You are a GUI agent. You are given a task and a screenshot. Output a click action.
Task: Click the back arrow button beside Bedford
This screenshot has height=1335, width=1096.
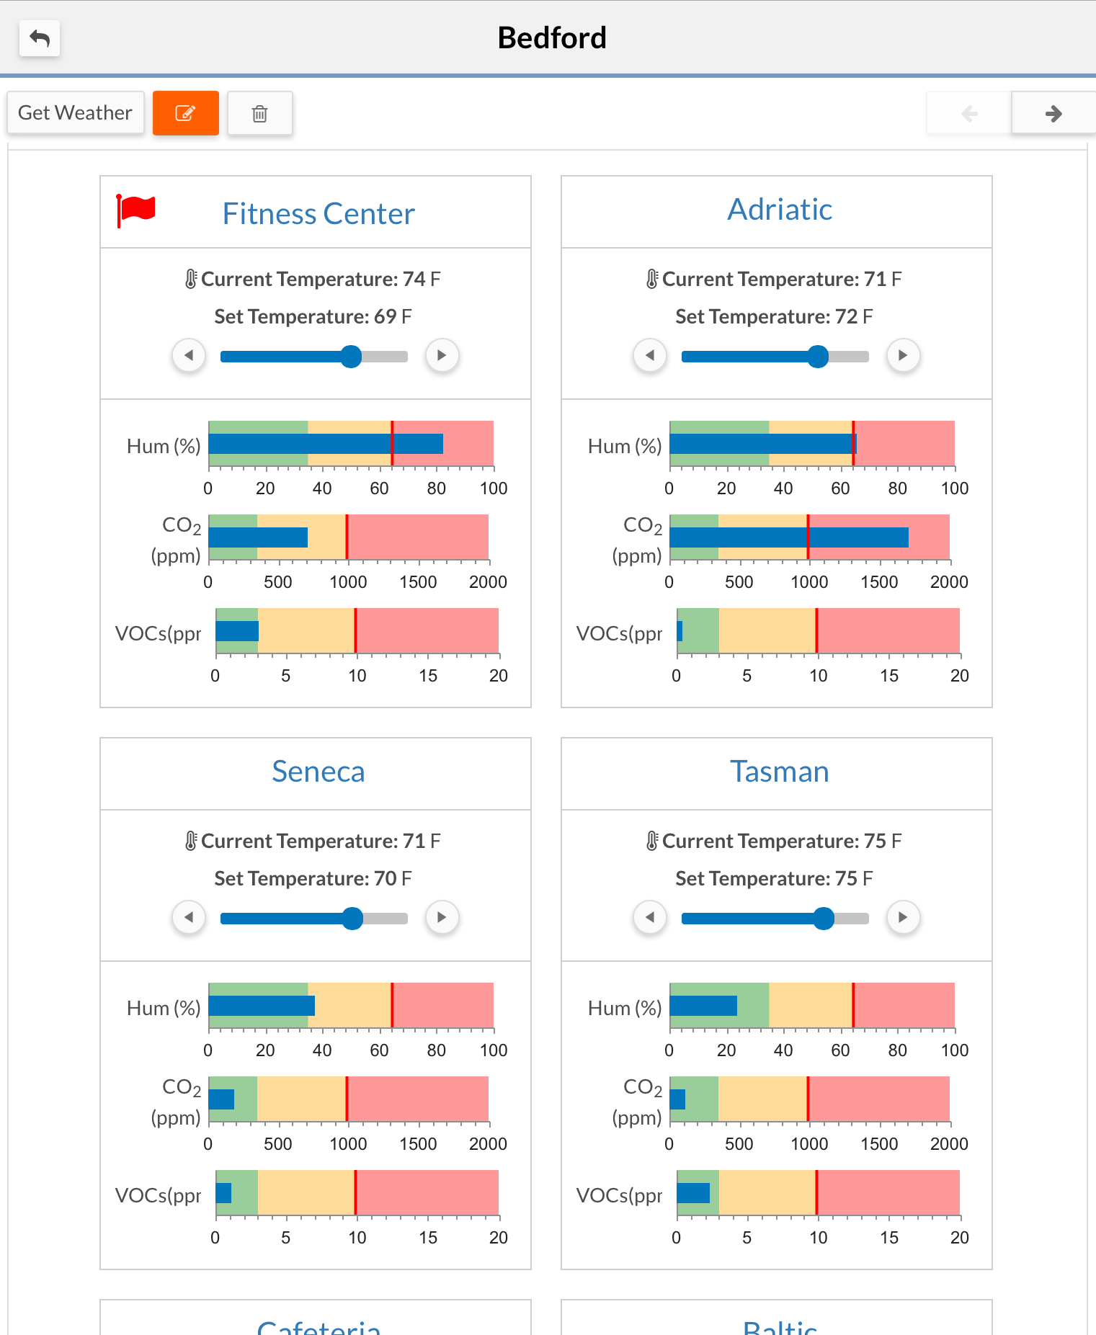[40, 38]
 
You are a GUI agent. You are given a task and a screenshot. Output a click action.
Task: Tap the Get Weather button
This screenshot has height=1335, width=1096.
[75, 113]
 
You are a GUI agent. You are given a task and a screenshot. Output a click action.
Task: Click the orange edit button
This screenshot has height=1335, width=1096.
[185, 113]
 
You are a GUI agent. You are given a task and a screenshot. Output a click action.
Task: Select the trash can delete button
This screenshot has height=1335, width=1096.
[259, 113]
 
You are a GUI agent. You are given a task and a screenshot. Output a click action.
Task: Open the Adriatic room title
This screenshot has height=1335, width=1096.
[779, 210]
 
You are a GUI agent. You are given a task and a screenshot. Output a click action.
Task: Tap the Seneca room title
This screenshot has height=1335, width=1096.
[318, 772]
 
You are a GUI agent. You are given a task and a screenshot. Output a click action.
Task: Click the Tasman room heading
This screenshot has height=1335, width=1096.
[779, 772]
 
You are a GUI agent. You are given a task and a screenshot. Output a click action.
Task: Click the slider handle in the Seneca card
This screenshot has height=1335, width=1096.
[352, 918]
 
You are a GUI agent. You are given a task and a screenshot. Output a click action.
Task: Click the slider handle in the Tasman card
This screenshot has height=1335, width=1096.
[823, 918]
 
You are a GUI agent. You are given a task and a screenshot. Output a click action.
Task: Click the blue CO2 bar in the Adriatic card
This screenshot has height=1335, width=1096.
[788, 537]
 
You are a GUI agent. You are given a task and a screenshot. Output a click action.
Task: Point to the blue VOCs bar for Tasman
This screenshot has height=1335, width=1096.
[693, 1193]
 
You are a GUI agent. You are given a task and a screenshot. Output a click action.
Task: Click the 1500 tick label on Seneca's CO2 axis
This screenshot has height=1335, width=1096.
[418, 1144]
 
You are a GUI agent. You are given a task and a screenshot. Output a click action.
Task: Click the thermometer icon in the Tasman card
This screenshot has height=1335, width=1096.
[651, 841]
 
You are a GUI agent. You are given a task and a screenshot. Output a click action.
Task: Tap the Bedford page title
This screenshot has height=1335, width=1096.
[552, 38]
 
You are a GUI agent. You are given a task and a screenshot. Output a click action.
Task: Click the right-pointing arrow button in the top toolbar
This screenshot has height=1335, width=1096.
[1053, 113]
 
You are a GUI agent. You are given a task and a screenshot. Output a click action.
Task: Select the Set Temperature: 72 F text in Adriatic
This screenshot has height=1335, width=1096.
[774, 316]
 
